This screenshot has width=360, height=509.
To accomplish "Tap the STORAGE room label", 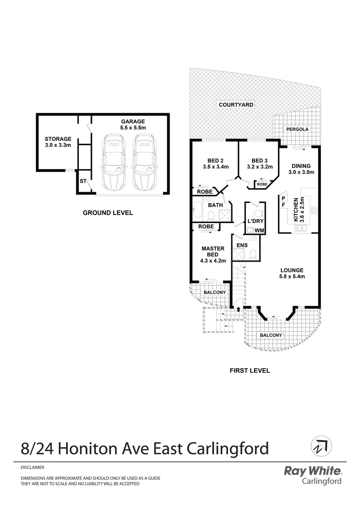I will pyautogui.click(x=58, y=139).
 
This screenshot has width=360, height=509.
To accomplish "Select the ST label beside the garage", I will pyautogui.click(x=83, y=181).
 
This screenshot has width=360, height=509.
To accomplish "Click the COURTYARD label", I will pyautogui.click(x=236, y=105).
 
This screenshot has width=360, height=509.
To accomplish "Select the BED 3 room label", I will pyautogui.click(x=260, y=160).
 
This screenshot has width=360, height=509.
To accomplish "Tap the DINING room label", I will pyautogui.click(x=301, y=165).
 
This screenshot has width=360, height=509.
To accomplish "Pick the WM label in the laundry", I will pyautogui.click(x=259, y=230).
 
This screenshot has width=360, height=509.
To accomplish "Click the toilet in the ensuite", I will pyautogui.click(x=253, y=254).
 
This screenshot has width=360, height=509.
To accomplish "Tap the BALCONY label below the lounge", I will pyautogui.click(x=270, y=336).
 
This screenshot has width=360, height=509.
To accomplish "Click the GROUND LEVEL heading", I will pyautogui.click(x=108, y=213).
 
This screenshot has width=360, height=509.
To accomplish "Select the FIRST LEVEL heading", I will pyautogui.click(x=250, y=370).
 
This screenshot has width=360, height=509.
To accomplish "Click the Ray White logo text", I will pyautogui.click(x=313, y=470).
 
